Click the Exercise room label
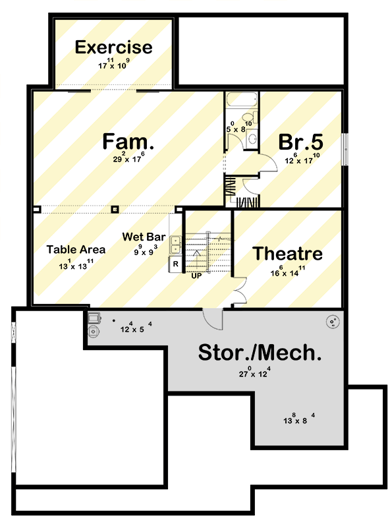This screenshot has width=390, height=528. [x=113, y=47]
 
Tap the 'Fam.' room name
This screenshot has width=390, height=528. [x=128, y=141]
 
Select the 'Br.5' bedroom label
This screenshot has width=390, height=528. [x=300, y=142]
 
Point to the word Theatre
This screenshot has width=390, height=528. [x=288, y=254]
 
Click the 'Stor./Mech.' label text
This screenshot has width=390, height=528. [x=260, y=353]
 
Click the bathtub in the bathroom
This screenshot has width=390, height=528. [x=240, y=101]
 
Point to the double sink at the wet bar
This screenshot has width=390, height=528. [x=176, y=245]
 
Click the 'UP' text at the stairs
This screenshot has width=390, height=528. [x=196, y=276]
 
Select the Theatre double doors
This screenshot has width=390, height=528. [x=238, y=290]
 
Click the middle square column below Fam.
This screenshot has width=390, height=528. [x=115, y=209]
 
